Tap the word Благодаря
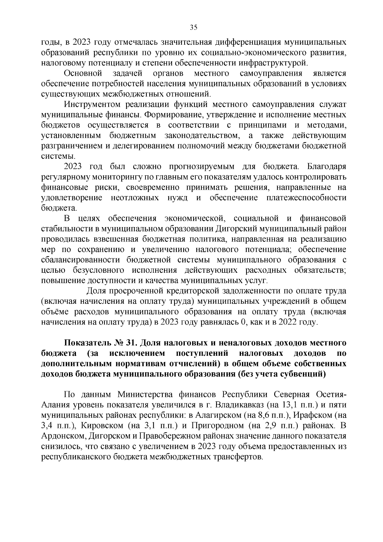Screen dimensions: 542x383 (x=326, y=166)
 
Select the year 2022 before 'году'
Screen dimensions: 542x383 (x=287, y=322)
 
